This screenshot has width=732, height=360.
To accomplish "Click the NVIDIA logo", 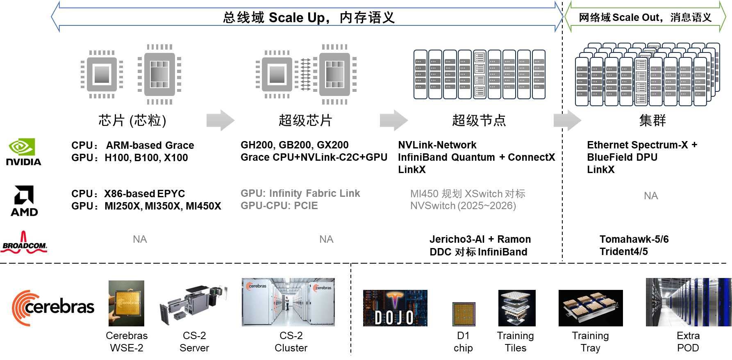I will tap(24, 152).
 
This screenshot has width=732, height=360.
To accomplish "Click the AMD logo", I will tap(24, 201).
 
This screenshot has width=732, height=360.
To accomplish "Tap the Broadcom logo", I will tap(24, 242).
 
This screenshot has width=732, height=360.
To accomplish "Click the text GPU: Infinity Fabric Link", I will tap(300, 194).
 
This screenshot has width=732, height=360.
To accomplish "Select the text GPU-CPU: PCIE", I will tap(279, 206).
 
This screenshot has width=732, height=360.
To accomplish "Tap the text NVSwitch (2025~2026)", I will tap(463, 206).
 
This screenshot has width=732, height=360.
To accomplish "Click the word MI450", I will tap(424, 194).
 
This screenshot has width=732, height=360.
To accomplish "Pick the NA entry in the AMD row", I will tap(651, 196).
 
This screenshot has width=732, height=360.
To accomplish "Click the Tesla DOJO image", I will tap(395, 308).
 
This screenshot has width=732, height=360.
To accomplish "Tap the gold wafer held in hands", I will tap(126, 303).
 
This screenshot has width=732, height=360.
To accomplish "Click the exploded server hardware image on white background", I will tap(193, 305).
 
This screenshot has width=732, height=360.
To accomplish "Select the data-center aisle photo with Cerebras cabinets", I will tap(288, 302).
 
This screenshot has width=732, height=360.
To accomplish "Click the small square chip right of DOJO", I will tap(464, 314).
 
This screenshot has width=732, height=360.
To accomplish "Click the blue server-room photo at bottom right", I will tap(688, 302).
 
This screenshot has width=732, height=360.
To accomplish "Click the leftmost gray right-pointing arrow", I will tap(220, 120).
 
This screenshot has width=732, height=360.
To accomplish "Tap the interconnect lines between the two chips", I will tap(305, 74).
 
